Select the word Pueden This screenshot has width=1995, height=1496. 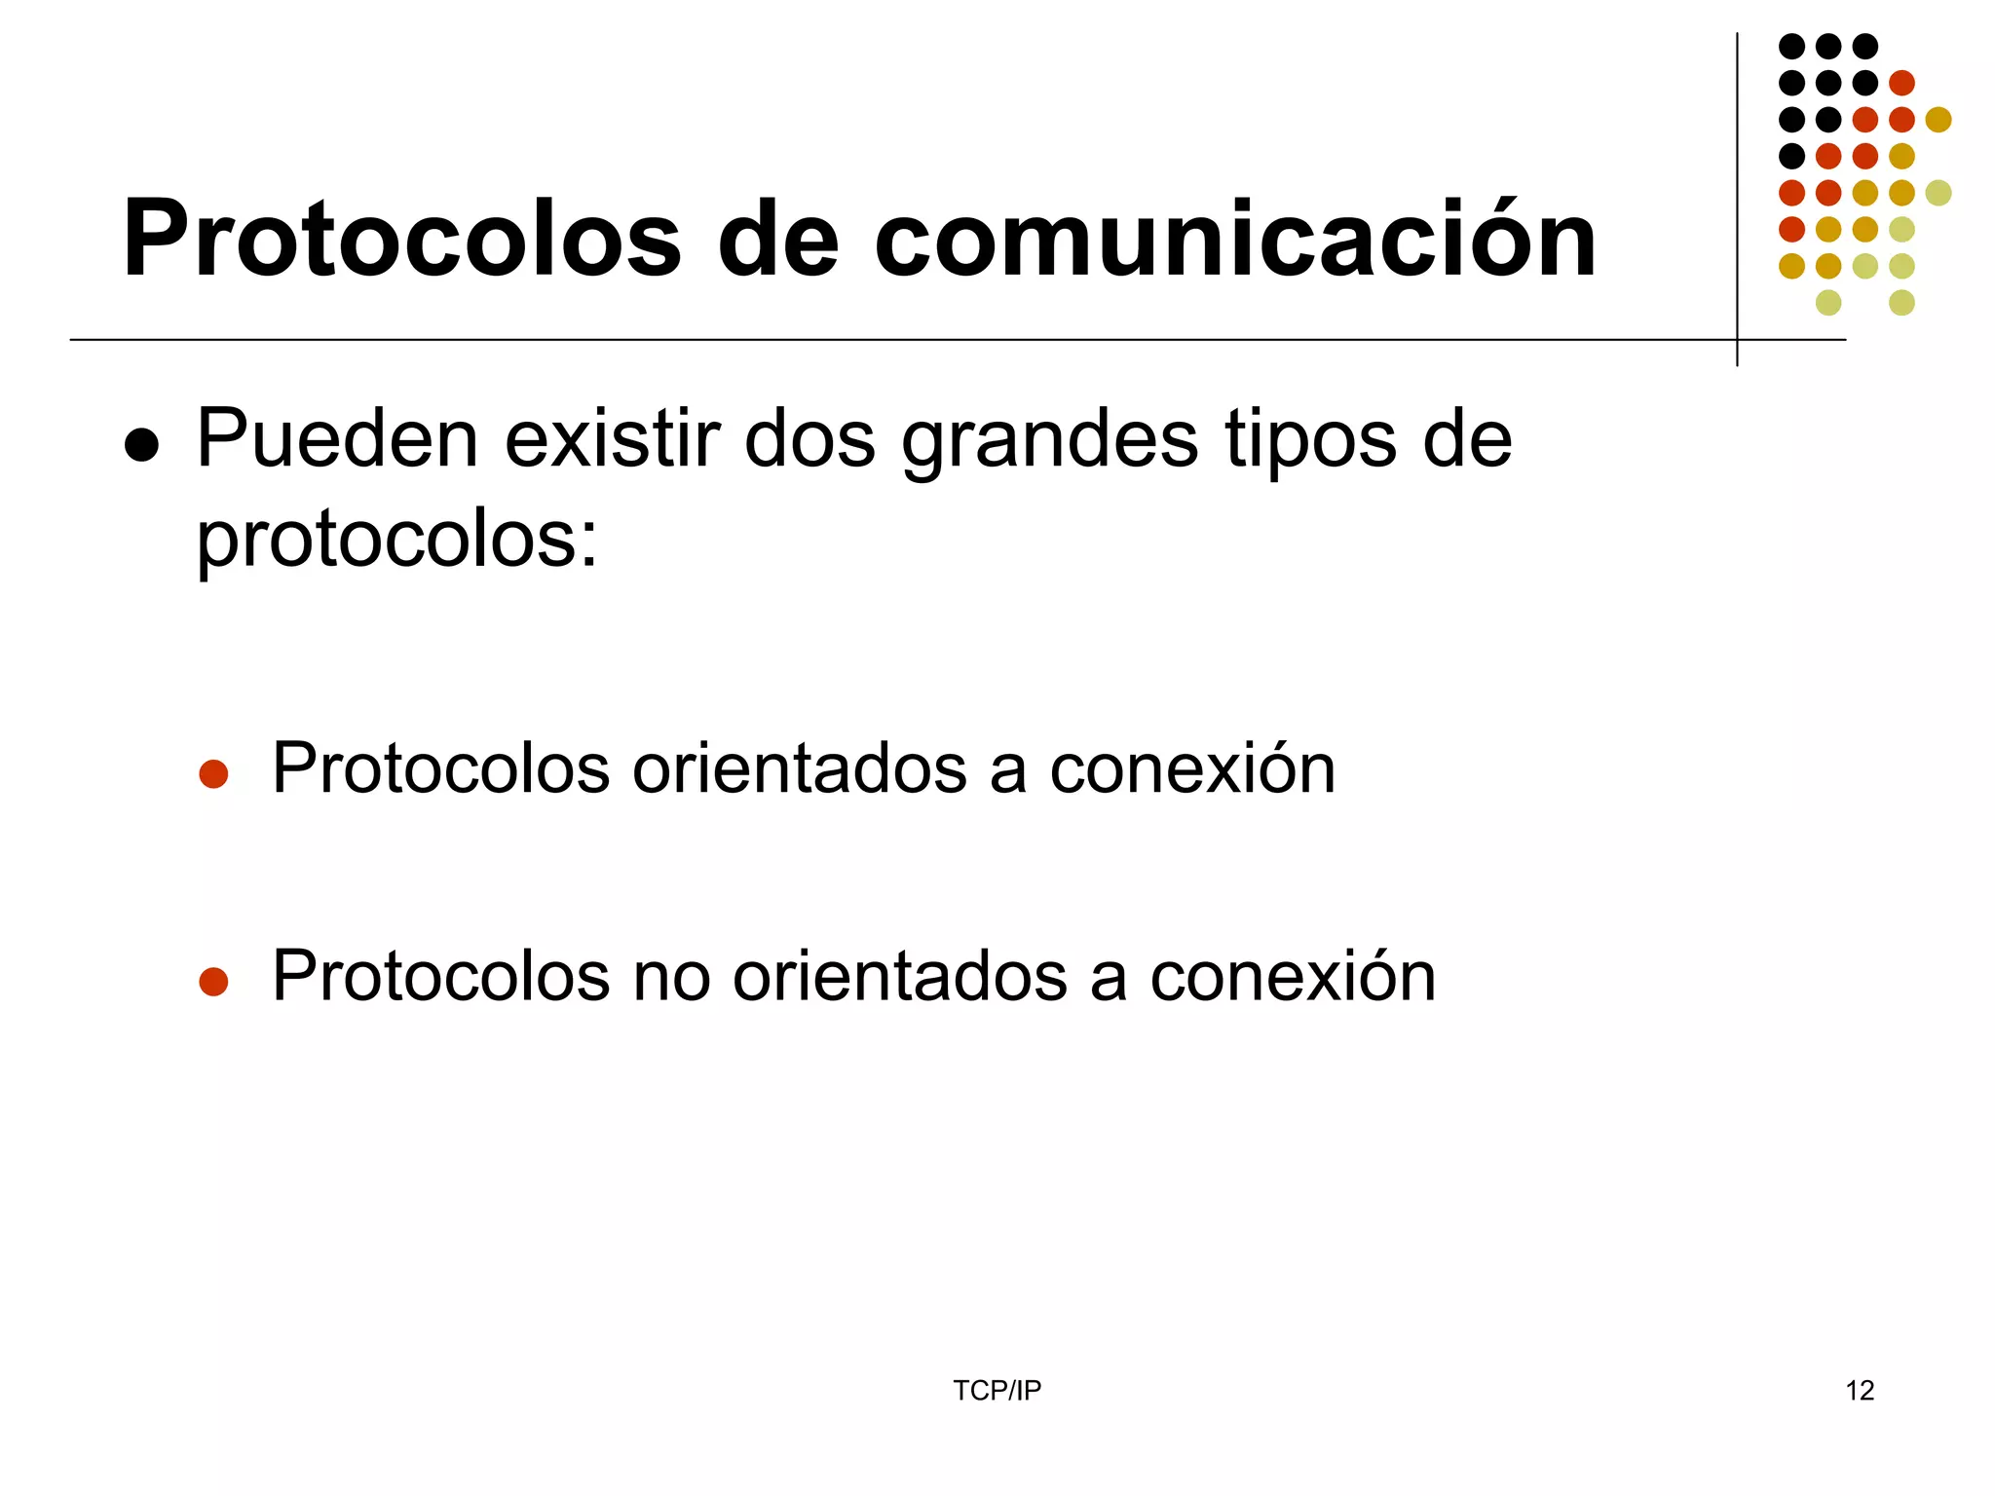337,439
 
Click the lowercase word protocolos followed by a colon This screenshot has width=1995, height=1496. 396,542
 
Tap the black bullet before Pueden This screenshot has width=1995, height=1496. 142,445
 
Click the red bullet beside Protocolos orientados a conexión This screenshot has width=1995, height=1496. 213,774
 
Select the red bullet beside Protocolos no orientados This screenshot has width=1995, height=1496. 213,981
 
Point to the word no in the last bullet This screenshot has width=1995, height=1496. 671,977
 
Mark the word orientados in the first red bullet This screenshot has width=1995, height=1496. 799,769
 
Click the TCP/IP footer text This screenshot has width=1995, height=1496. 997,1391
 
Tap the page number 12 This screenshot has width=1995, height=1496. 1860,1391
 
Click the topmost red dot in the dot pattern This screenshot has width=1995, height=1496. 1901,83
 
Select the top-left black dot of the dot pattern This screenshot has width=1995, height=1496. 1791,46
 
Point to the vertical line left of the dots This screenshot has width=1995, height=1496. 1737,195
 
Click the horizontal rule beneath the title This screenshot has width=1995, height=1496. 877,340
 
